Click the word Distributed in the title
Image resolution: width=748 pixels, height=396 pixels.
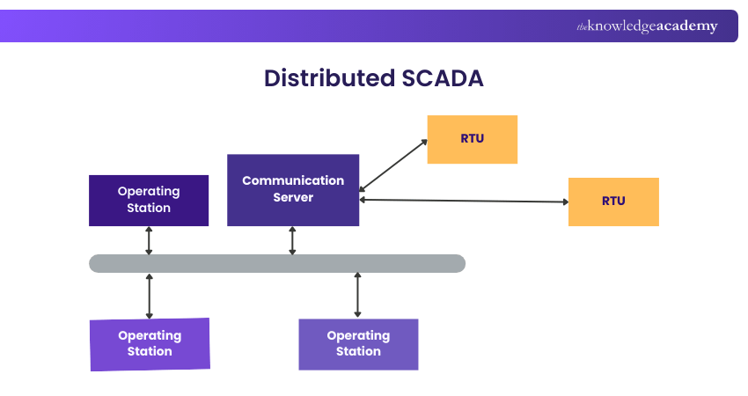[329, 77]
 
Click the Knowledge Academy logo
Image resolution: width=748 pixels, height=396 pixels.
[647, 26]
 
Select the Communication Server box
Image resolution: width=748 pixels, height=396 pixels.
[293, 190]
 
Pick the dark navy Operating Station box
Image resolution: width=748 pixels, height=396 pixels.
[149, 200]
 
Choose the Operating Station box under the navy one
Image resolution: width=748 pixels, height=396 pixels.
[150, 343]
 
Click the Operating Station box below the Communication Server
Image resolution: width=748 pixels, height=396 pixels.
[358, 343]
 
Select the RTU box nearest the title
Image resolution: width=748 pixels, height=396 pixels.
[472, 139]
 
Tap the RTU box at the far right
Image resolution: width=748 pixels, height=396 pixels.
[613, 202]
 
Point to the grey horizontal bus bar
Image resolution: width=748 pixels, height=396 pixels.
[277, 263]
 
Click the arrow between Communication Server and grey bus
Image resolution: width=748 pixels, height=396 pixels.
[293, 240]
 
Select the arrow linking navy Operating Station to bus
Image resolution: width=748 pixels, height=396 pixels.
[149, 240]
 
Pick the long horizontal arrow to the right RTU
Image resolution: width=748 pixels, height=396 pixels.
[464, 201]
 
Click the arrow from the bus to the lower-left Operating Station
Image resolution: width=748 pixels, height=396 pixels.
[149, 296]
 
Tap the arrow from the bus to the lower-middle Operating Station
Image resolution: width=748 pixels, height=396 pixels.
[357, 295]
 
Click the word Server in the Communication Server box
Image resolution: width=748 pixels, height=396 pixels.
[293, 198]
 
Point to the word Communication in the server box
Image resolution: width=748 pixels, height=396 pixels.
[293, 180]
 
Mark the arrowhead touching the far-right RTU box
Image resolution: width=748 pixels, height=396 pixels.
[564, 202]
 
